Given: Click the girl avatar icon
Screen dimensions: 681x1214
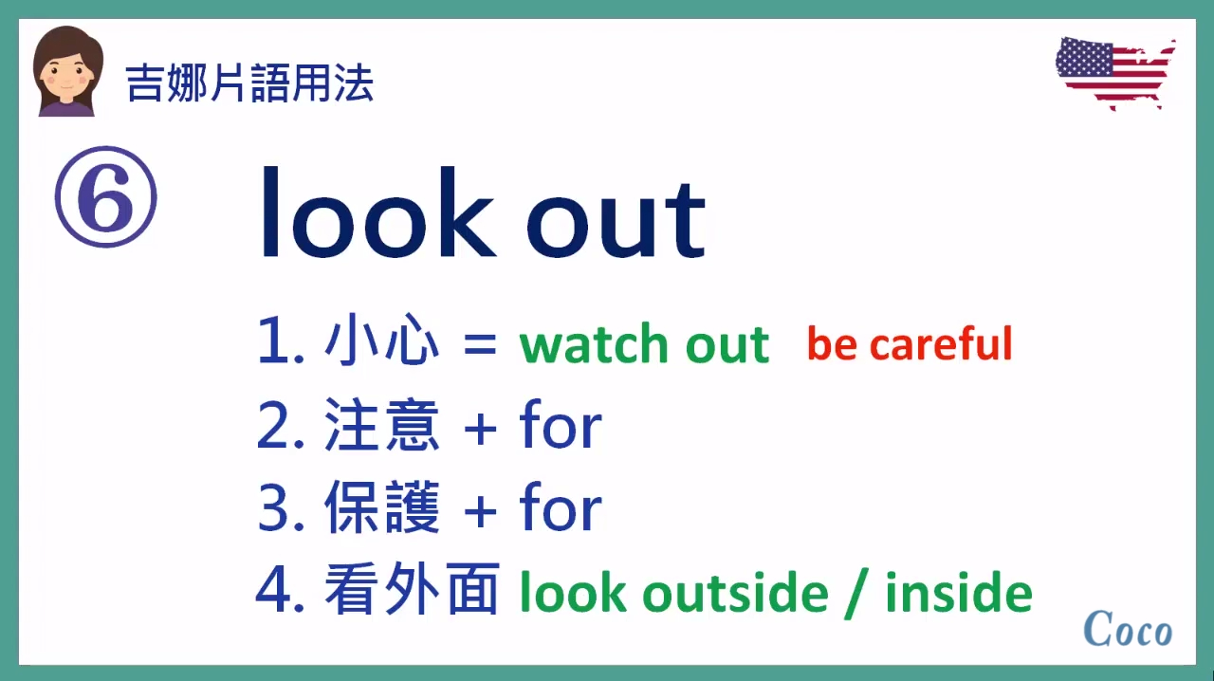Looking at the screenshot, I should pos(68,72).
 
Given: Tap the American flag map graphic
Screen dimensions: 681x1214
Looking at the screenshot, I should pos(1114,73).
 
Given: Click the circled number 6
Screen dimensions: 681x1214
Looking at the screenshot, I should pos(105,197).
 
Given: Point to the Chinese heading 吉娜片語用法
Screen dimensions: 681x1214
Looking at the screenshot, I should pos(249,83).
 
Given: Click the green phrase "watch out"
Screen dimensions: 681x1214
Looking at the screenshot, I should pos(644,344).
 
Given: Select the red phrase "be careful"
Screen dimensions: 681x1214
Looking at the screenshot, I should pos(909,343).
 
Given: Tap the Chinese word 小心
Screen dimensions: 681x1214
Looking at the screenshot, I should pos(382,343).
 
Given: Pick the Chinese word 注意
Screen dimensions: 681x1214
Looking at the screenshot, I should pos(382,427).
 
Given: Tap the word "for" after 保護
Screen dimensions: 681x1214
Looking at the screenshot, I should pos(561,509).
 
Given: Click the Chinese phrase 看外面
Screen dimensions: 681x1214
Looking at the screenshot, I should pos(412,591).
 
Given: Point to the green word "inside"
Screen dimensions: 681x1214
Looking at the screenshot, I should pos(958,593).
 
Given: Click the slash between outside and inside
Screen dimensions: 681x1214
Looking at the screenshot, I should pos(856,594).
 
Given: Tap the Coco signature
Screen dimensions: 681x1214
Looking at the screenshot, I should pos(1127,629).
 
